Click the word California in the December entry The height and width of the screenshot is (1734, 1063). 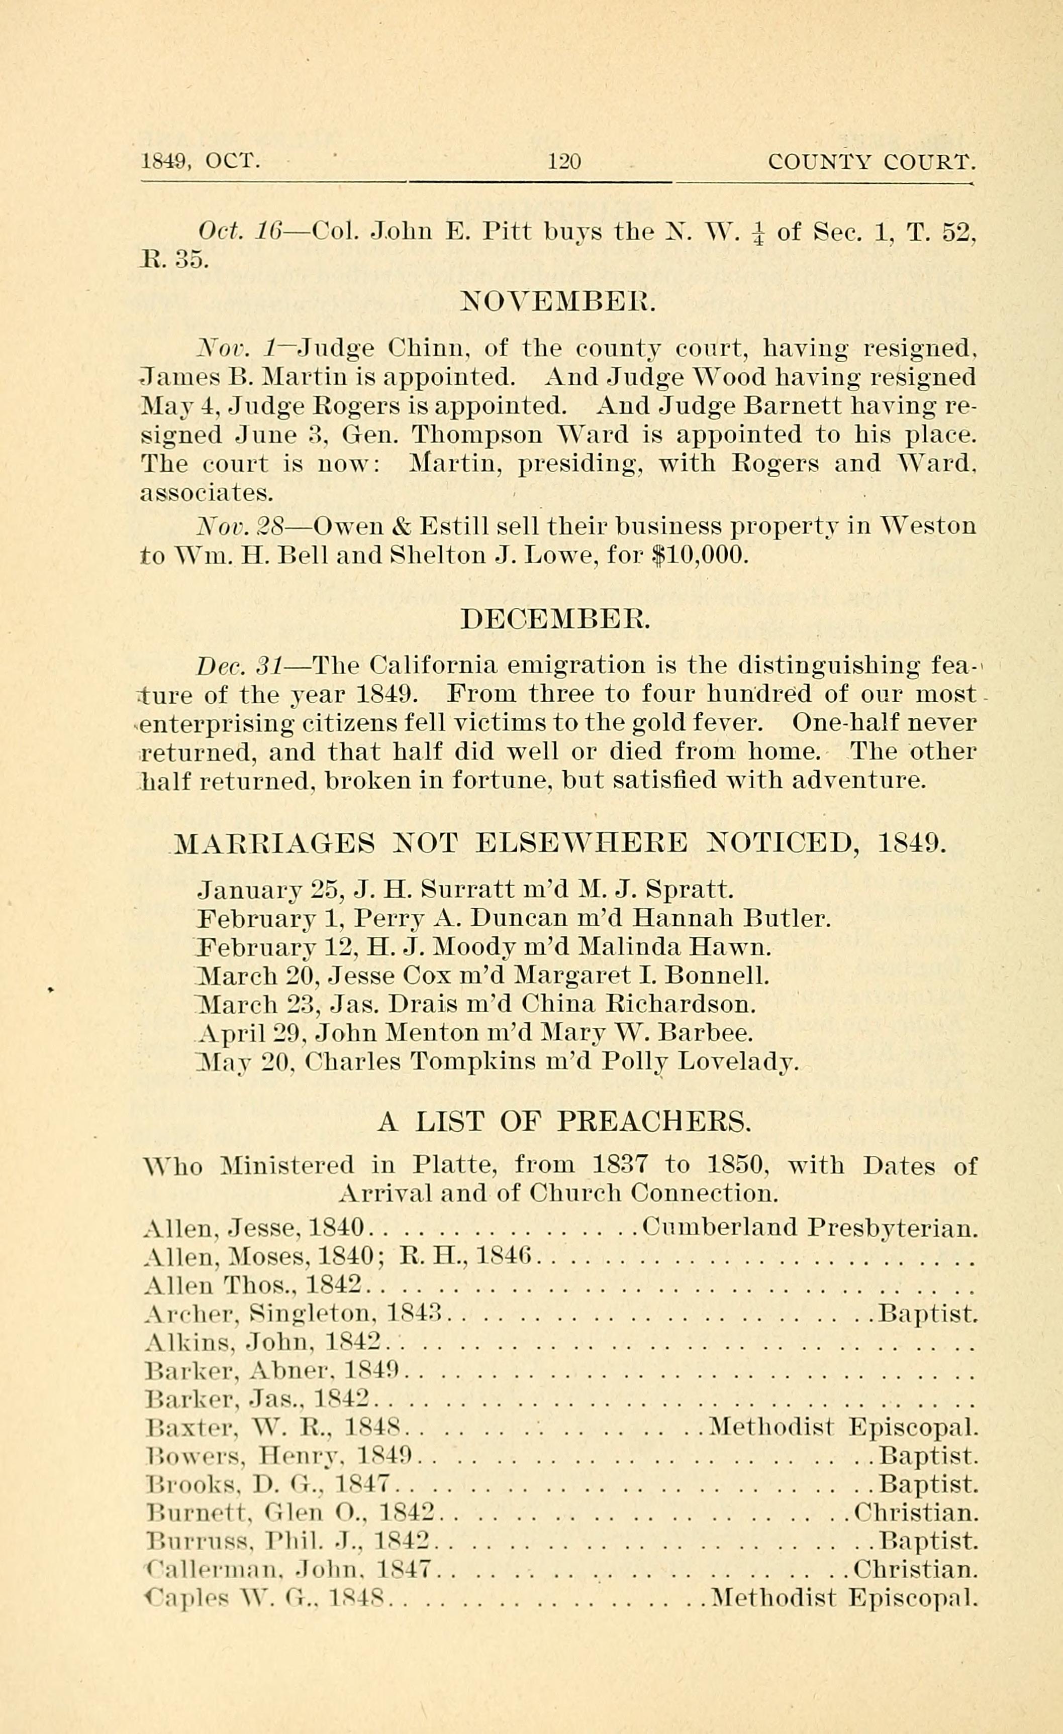433,665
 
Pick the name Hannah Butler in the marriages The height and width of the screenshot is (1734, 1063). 731,918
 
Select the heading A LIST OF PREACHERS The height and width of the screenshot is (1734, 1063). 564,1122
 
